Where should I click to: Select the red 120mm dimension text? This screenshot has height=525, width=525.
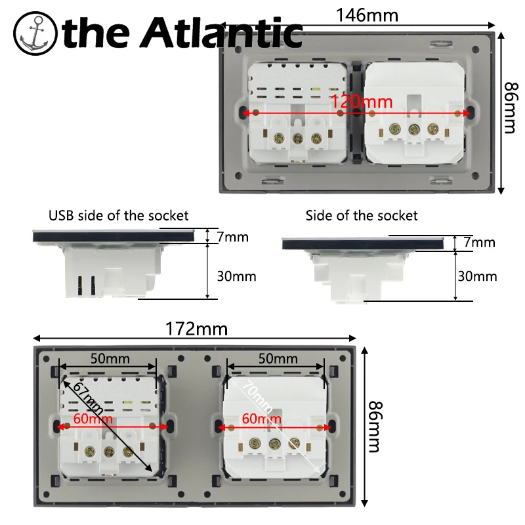358,102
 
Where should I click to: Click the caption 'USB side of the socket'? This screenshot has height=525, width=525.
119,215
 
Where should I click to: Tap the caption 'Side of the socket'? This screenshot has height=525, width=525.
362,215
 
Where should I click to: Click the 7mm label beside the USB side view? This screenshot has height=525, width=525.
233,236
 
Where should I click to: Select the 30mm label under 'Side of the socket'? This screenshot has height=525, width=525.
477,276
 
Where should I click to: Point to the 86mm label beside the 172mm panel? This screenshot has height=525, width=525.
373,427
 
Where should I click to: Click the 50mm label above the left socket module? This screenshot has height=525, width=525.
110,359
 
